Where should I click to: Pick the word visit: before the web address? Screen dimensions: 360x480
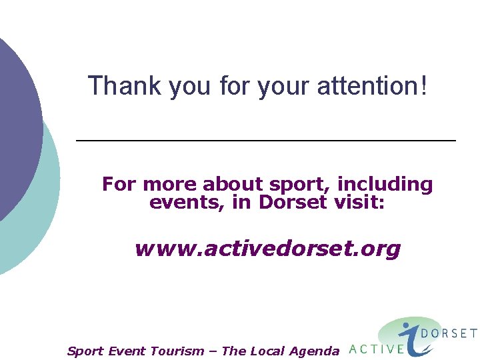coord(359,202)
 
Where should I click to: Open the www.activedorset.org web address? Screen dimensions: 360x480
coord(267,249)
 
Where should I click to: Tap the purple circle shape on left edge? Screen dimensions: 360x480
coord(17,127)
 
